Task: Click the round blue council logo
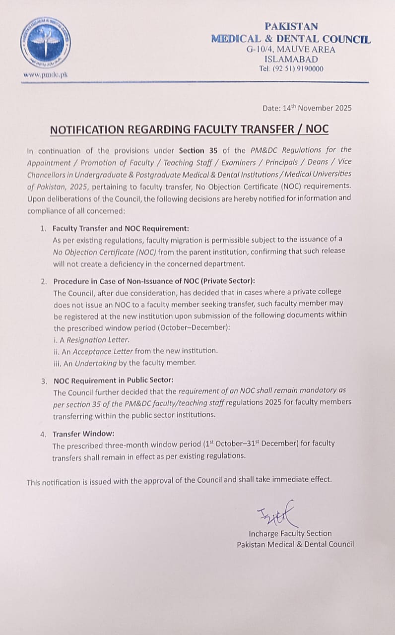tap(45, 43)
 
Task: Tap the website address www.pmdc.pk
tap(45, 74)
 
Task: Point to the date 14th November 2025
tap(307, 108)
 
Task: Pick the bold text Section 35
tap(197, 149)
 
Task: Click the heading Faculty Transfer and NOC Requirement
tap(121, 229)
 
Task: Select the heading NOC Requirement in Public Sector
tap(113, 381)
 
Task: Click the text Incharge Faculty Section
tap(290, 533)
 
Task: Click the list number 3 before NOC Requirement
tap(44, 381)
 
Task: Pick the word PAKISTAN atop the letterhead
tap(291, 27)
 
